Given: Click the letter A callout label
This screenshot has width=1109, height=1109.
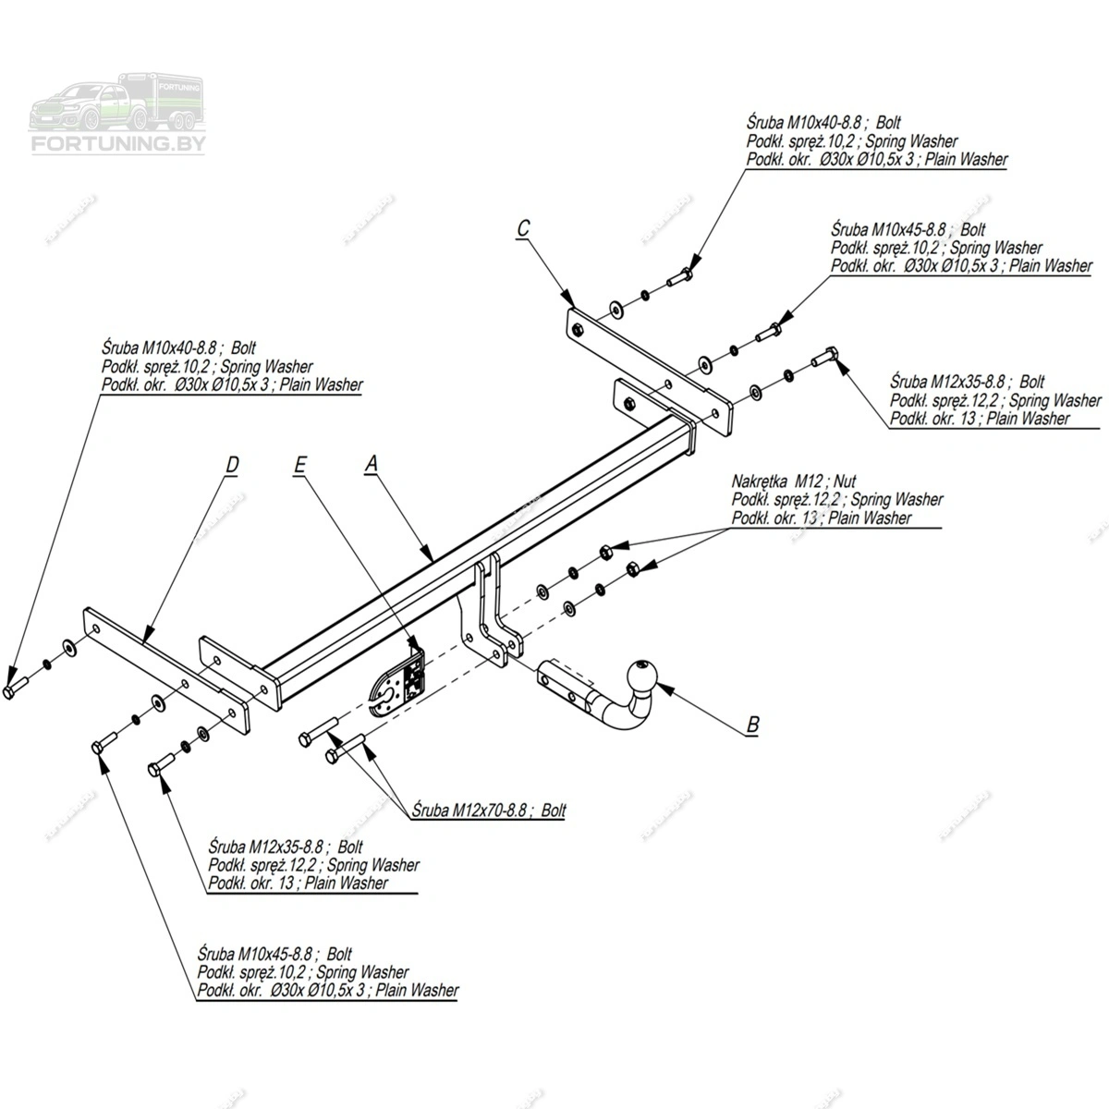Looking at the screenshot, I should (372, 465).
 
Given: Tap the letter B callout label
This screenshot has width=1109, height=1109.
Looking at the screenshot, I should (752, 725).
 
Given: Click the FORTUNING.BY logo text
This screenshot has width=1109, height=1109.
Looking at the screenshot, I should (120, 144).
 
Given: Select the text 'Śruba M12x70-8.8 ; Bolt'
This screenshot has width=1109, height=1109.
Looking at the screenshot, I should (490, 810).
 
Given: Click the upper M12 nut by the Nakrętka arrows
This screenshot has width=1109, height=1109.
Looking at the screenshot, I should (605, 552).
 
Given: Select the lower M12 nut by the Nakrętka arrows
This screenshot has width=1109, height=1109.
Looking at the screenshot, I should (633, 567).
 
